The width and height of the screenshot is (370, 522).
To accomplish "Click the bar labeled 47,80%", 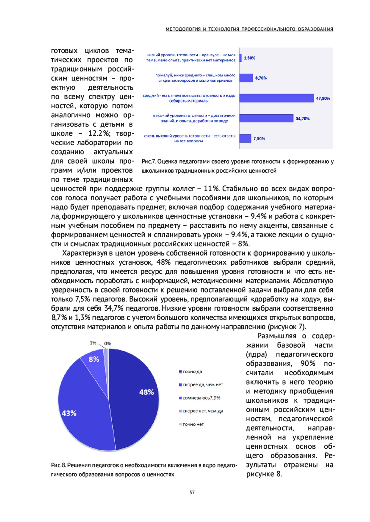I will coord(276,98).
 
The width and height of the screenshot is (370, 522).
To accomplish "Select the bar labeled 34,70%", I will coord(266,118).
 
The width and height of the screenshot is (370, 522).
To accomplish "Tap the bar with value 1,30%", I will coord(240,58).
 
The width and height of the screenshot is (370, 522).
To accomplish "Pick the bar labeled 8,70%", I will coord(246,78).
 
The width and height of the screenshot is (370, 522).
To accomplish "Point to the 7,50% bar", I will coord(245,138).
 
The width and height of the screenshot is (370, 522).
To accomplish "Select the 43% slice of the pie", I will coord(80,410).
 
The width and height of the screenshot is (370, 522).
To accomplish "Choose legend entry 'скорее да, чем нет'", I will coord(202,385).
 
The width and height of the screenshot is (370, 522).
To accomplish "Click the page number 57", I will coord(192,492).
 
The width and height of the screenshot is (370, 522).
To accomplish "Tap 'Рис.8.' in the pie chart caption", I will coord(58,465).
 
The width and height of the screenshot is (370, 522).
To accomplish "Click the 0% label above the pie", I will coord(108,344).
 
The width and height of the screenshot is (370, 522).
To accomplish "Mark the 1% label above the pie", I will coord(93,343).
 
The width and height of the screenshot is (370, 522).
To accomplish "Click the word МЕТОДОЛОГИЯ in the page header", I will coord(183,29).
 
